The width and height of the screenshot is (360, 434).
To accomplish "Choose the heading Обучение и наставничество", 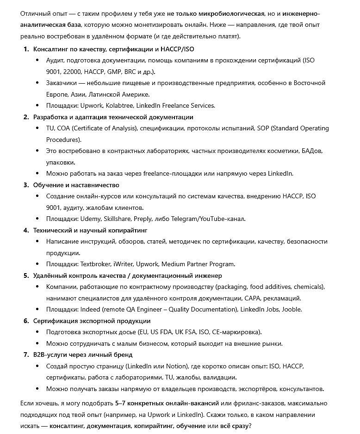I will (x=76, y=185).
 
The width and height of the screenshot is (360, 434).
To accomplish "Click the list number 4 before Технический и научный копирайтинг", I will (x=26, y=230).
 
